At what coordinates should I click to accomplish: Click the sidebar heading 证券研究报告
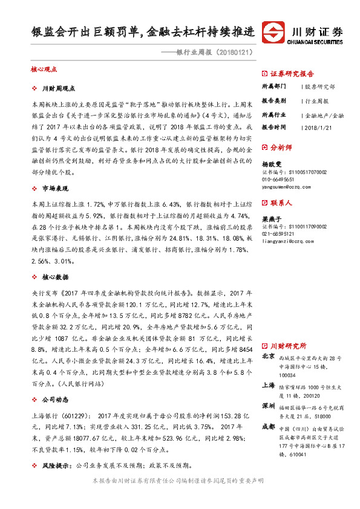(x=292, y=74)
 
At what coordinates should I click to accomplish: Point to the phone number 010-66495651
(x=282, y=180)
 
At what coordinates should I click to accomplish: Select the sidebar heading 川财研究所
(x=288, y=346)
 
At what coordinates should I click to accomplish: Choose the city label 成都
(x=268, y=426)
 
